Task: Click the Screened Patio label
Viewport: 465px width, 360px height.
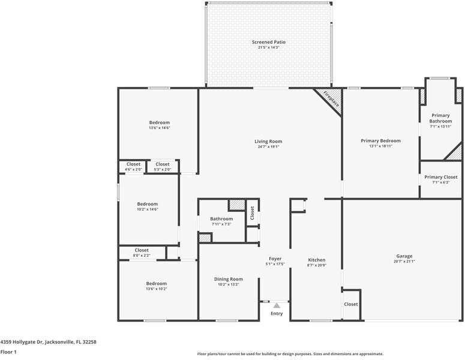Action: tap(269, 42)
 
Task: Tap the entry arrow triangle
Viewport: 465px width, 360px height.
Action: tap(277, 305)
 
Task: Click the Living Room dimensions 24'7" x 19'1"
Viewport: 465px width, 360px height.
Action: tap(268, 147)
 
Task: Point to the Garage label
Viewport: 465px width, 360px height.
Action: tap(404, 256)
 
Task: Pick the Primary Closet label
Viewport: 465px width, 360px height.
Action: tap(440, 177)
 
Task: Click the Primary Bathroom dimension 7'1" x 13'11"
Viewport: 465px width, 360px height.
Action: tap(440, 127)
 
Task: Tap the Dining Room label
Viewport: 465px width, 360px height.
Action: tap(229, 279)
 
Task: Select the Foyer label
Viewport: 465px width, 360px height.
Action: tap(275, 259)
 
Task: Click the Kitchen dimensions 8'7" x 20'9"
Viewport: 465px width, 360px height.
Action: tap(316, 265)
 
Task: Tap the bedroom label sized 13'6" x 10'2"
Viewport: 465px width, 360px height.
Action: tap(156, 283)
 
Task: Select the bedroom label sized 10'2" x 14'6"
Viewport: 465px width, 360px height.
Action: tap(148, 204)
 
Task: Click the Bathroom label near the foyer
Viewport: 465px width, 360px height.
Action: tap(221, 219)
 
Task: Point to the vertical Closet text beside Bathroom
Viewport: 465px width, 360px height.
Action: tap(252, 213)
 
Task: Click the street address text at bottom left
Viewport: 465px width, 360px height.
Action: tap(49, 342)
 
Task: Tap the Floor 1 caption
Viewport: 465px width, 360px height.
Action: tap(8, 352)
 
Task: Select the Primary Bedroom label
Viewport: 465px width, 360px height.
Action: tap(380, 141)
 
